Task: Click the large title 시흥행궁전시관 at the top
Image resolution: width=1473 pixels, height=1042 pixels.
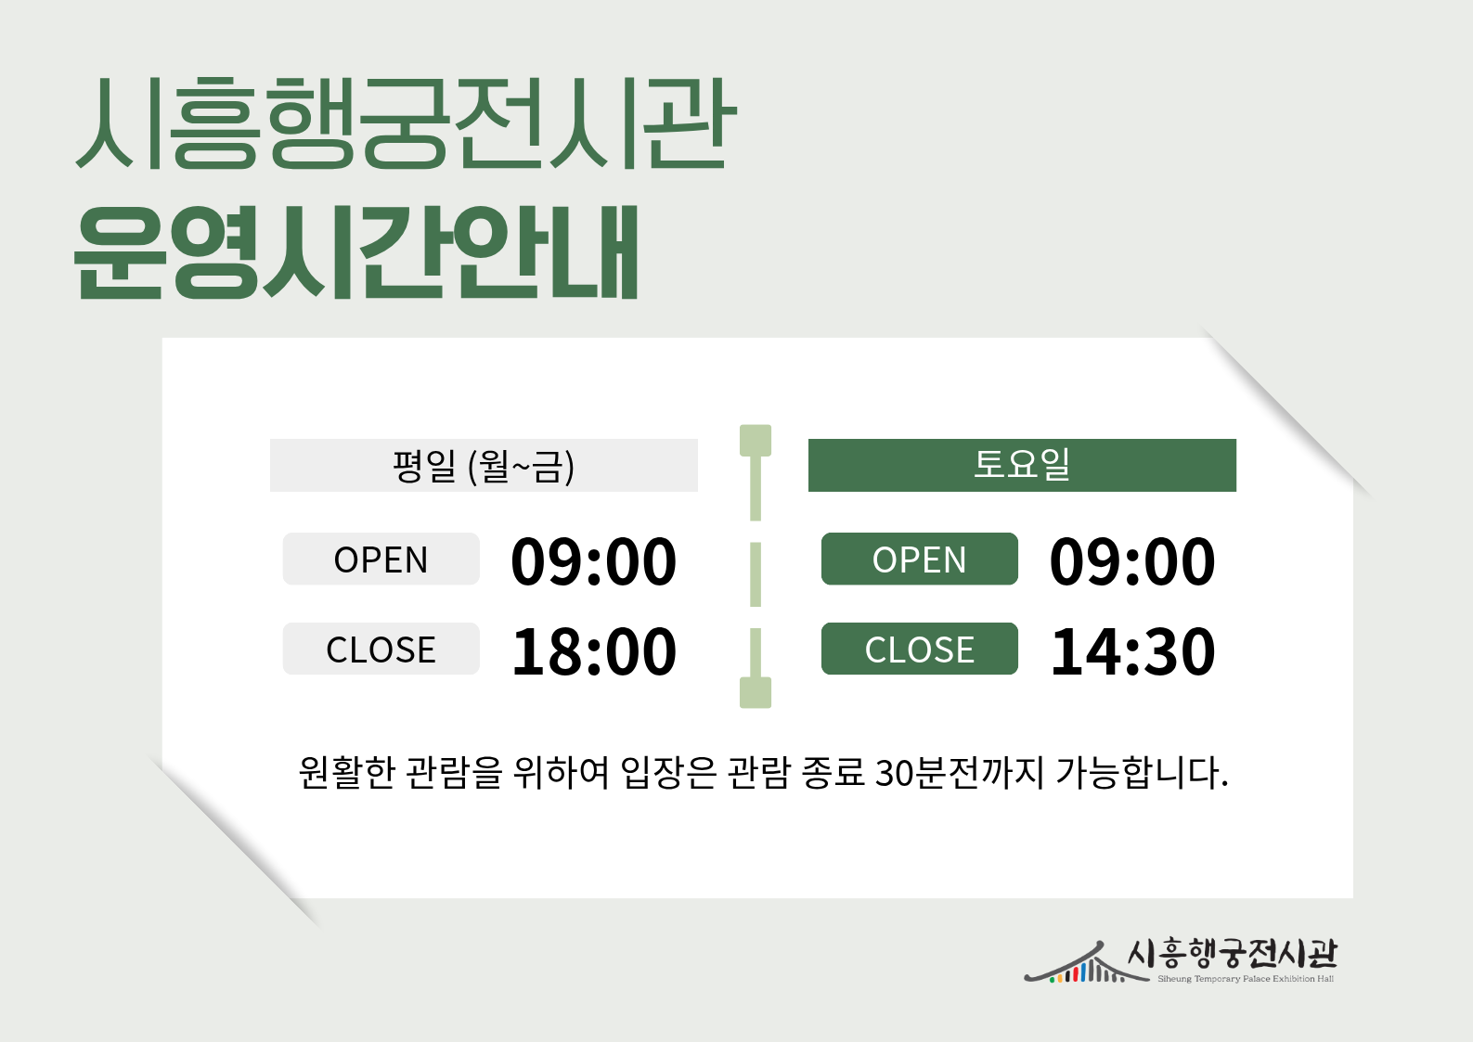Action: click(406, 122)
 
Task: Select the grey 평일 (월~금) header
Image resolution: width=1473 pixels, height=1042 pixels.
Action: click(484, 465)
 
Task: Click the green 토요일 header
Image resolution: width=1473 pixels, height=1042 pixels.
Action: click(1022, 465)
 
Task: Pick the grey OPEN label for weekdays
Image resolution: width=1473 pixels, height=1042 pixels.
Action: click(381, 559)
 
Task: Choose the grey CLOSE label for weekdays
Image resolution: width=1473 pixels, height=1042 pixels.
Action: click(381, 649)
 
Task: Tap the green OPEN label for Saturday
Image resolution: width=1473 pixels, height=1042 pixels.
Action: click(919, 559)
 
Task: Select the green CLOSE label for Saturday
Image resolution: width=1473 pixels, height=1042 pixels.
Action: click(919, 649)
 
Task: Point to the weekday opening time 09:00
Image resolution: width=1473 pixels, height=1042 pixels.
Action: click(594, 561)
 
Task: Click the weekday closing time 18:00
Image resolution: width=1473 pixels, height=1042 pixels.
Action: click(594, 651)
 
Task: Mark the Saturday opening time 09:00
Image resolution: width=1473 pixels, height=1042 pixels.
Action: click(1132, 561)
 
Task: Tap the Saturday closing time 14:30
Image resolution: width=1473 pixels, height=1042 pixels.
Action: click(1132, 651)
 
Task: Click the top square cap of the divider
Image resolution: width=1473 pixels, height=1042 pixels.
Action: click(756, 441)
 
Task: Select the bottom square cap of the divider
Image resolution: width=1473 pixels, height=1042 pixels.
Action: click(756, 692)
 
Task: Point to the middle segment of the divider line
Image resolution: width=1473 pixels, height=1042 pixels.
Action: click(756, 574)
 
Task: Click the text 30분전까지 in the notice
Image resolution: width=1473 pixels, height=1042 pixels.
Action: click(960, 773)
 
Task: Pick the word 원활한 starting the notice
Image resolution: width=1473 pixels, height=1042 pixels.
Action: click(346, 773)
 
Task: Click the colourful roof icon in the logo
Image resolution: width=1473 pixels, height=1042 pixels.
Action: click(1075, 964)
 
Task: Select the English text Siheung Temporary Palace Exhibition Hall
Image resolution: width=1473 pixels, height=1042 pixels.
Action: click(1246, 979)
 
